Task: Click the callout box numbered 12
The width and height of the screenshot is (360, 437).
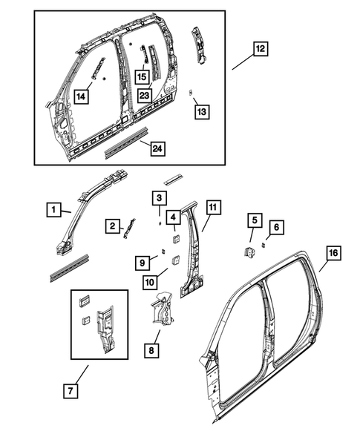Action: (261, 49)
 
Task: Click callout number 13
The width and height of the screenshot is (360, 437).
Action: (201, 111)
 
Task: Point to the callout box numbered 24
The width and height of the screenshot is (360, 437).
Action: (157, 148)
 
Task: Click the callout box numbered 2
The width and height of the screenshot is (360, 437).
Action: (111, 226)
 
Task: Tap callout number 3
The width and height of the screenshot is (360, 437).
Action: (159, 197)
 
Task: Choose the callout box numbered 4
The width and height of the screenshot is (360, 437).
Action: (173, 217)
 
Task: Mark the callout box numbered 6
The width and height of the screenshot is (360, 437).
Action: (275, 226)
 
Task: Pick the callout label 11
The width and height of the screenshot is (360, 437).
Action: (213, 207)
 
